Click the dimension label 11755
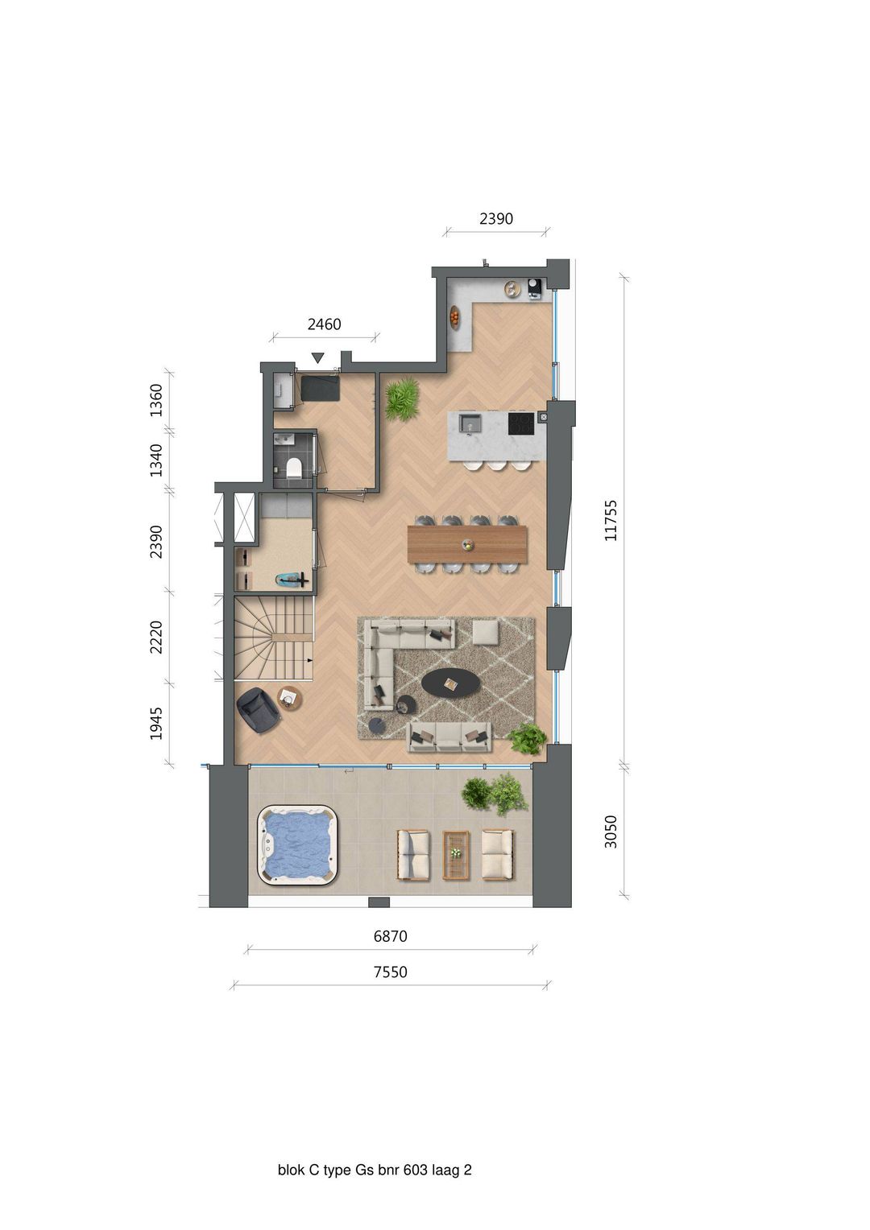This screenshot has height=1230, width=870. coord(611,520)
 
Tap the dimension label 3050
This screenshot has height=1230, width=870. coord(611,832)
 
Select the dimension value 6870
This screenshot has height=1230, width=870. coord(390,936)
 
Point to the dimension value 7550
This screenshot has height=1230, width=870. coord(390,972)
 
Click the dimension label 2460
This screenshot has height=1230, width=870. coord(324,324)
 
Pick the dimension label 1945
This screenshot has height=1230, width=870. coord(156,723)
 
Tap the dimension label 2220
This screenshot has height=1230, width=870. coord(156,637)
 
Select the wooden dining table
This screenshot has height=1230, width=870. coord(467,544)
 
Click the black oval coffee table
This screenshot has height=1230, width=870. coord(451,683)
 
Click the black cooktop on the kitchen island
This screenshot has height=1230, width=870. coord(520,423)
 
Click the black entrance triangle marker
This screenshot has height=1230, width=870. coord(318,357)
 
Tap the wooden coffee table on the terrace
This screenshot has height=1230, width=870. coord(456,854)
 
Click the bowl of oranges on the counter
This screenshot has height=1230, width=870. coord(456,317)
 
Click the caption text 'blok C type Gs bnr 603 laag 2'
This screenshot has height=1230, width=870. coord(375,1170)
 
